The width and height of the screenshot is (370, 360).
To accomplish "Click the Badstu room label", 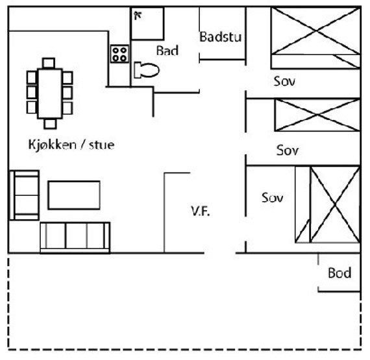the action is click(x=221, y=37).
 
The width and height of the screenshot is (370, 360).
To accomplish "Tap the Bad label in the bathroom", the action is click(x=167, y=51).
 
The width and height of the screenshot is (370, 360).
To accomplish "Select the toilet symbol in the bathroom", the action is click(x=146, y=70).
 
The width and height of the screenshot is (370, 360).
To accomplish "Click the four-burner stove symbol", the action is click(x=119, y=54).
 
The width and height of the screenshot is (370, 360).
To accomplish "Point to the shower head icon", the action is click(x=138, y=16).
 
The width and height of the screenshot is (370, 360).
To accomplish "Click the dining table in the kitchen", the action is click(x=50, y=93).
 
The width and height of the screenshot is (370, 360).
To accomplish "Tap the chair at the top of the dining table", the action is click(x=49, y=63).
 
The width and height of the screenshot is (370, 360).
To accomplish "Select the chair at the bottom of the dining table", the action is click(x=50, y=124).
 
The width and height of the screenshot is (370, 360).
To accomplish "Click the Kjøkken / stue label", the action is click(x=71, y=145).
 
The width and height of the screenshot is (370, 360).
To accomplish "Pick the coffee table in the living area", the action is click(x=74, y=195).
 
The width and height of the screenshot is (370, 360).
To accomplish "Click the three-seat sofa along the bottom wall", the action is click(x=75, y=237).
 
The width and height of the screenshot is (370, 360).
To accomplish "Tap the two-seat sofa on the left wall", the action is click(x=24, y=195).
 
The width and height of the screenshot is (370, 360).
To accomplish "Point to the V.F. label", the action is click(x=201, y=211).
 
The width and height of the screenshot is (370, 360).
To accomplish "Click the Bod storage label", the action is click(x=339, y=273).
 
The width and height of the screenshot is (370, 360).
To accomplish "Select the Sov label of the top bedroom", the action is click(x=284, y=81).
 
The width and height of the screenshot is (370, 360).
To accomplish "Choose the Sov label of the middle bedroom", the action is click(x=287, y=150).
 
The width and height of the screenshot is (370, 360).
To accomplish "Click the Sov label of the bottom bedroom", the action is click(x=273, y=198).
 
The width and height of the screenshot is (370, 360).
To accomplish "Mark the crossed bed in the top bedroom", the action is click(x=315, y=38).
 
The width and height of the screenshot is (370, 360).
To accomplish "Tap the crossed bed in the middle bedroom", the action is click(x=317, y=115).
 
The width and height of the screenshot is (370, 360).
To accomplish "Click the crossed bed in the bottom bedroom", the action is click(x=328, y=204).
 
